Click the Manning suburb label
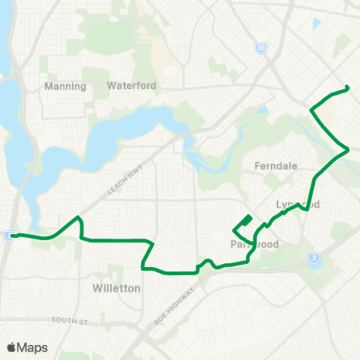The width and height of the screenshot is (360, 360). click(x=66, y=85)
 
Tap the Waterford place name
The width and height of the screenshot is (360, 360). click(x=132, y=85)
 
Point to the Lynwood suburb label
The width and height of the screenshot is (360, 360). click(x=288, y=205)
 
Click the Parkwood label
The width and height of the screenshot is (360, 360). click(x=255, y=244)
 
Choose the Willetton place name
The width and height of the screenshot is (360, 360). click(x=115, y=287)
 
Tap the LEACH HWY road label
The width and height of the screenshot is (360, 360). click(x=120, y=182)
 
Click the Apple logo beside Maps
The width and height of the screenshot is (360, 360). click(x=11, y=347)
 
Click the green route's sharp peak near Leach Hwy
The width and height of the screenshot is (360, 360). click(x=77, y=217)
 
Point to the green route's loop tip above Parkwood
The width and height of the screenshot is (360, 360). click(x=250, y=217)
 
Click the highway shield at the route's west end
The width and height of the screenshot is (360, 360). click(x=7, y=235)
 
